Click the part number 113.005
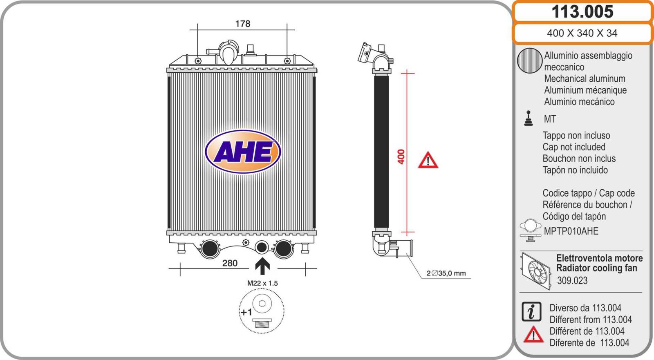coord(582,11)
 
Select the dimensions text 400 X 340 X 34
coord(582,33)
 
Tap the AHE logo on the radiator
coord(243,152)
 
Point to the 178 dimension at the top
coord(242,24)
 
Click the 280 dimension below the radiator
coord(230,263)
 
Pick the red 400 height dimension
coord(401,157)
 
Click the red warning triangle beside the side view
coord(428,160)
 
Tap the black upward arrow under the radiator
coord(262,266)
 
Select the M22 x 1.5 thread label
coord(262,283)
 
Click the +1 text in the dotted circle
coord(246,312)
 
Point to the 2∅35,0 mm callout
coord(446,273)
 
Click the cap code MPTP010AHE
coord(571,231)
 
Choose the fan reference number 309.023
coord(572,281)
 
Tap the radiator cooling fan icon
coord(535,270)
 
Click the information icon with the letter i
coord(531,312)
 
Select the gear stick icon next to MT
coord(529,118)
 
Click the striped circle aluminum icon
coord(529,61)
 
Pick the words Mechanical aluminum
coord(585,79)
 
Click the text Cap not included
coord(574,147)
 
